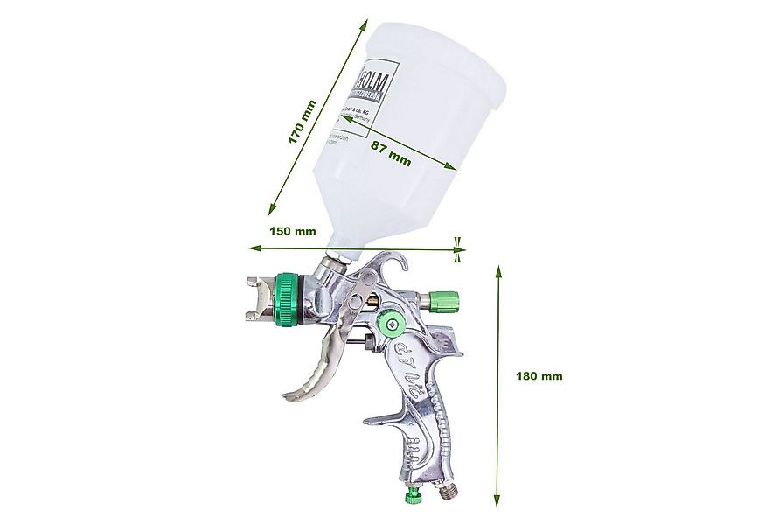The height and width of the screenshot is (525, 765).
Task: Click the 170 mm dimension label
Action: pos(303,122)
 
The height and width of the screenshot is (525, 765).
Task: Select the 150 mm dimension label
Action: pos(292,232)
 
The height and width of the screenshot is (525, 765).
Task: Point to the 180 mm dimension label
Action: pos(539,376)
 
